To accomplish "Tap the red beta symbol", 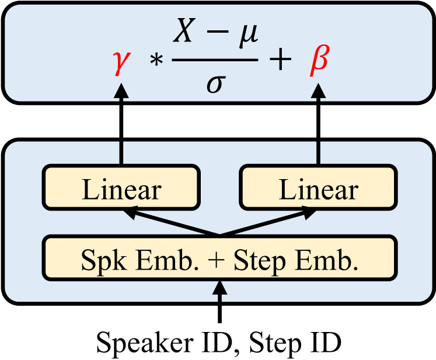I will click(318, 62).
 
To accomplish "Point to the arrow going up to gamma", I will click(121, 123).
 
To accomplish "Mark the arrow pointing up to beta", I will click(318, 123).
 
